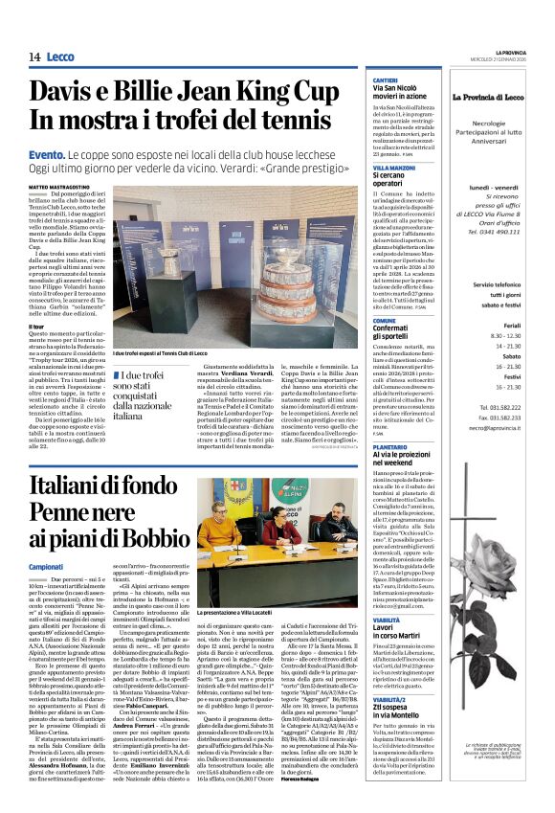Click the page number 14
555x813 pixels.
tap(33, 57)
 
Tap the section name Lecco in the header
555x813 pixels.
tap(61, 57)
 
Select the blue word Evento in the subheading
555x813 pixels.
tap(48, 154)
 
